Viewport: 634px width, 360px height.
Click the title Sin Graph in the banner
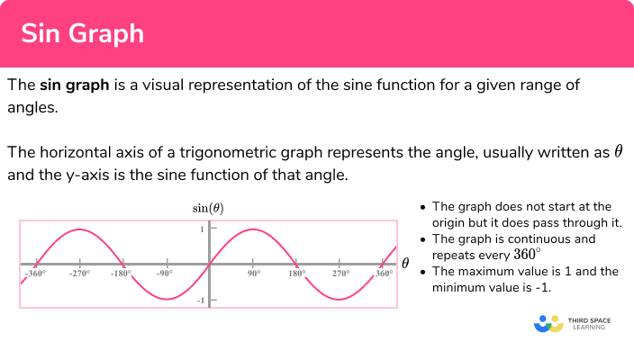tap(82, 33)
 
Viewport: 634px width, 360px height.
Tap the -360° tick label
tap(35, 273)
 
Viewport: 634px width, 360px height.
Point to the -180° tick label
tap(122, 273)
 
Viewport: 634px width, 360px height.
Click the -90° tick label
tap(165, 273)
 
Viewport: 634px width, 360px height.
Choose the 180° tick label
tap(296, 273)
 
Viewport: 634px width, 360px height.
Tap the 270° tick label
tap(340, 273)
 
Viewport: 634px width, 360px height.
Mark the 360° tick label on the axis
tap(384, 273)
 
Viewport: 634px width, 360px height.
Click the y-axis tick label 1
tap(202, 229)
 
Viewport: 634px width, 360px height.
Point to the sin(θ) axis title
tap(208, 209)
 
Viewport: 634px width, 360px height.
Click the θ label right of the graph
tap(405, 264)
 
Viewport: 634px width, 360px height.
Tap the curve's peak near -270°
tap(78, 229)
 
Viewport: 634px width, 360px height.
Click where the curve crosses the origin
tap(209, 265)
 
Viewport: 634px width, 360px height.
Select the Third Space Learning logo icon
tap(548, 323)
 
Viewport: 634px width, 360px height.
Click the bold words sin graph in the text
tap(75, 85)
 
